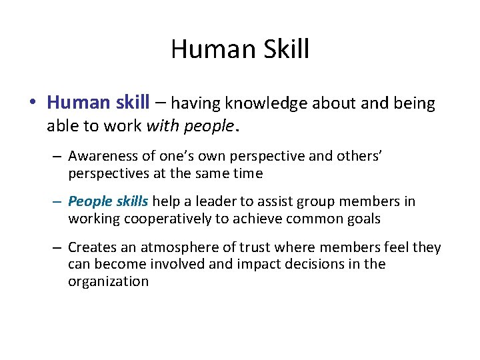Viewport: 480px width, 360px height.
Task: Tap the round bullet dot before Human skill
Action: pos(32,103)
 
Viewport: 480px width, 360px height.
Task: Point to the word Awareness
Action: pos(102,156)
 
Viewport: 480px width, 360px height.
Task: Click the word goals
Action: pos(360,219)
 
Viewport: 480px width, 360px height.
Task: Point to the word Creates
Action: pos(91,247)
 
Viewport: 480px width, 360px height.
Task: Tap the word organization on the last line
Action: pos(108,281)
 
